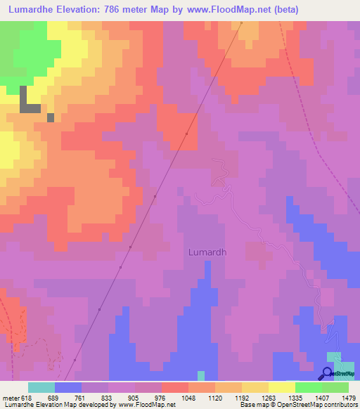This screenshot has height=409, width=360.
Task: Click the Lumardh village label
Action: (207, 252)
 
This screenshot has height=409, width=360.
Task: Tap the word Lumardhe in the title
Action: (33, 10)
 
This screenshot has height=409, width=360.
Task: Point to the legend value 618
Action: (25, 398)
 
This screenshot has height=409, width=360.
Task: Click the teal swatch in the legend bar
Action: (41, 387)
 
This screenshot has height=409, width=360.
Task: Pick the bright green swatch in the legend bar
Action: (308, 387)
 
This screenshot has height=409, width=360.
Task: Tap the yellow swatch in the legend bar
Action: (281, 387)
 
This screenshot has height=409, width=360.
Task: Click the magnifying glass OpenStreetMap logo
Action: (328, 373)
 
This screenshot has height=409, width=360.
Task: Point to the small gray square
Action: (51, 117)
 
